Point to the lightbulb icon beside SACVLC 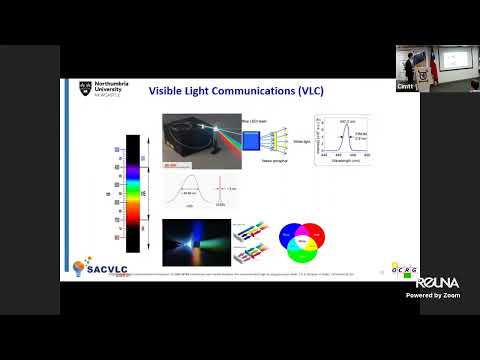click(81, 268)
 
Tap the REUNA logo click(437, 284)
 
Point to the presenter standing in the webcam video click(410, 65)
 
